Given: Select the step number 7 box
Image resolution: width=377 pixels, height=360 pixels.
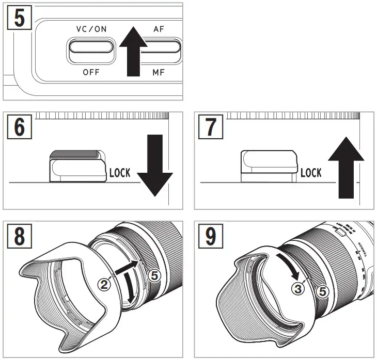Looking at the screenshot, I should click(x=211, y=126).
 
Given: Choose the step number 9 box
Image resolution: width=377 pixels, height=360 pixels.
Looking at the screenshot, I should click(x=211, y=236).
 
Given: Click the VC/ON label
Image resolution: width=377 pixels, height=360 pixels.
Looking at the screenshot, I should click(x=91, y=29).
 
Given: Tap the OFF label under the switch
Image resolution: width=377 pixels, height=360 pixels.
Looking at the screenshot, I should click(x=91, y=72).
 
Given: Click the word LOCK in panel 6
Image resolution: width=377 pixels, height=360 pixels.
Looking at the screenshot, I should click(x=120, y=173).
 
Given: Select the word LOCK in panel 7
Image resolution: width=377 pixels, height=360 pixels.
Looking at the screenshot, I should click(x=311, y=173).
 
